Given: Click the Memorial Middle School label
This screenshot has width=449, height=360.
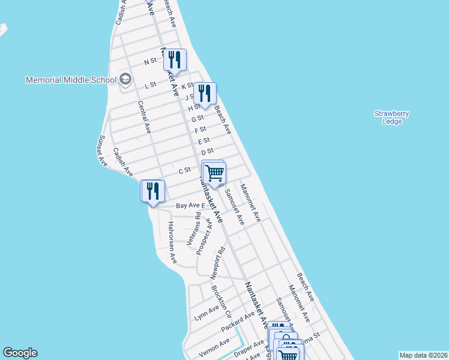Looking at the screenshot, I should click(71, 80).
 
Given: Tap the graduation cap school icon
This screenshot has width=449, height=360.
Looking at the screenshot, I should click(125, 79).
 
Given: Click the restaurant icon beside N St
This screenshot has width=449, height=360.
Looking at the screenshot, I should click(175, 59).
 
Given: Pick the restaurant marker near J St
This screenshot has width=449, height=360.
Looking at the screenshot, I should click(205, 93).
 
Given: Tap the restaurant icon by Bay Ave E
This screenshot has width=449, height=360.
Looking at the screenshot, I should click(152, 191).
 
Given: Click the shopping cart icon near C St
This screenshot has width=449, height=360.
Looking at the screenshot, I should click(214, 173).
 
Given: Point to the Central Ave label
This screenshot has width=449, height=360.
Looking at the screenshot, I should click(145, 116).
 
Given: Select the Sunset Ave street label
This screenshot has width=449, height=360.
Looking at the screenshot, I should click(102, 151).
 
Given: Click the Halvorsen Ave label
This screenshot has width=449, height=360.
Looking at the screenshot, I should click(172, 242).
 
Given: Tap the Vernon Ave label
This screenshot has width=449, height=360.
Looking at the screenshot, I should click(214, 347).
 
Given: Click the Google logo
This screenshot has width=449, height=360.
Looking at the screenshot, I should click(20, 353).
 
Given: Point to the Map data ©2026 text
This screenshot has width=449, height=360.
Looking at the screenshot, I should click(424, 355).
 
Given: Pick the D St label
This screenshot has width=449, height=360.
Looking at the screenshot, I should click(208, 152).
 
